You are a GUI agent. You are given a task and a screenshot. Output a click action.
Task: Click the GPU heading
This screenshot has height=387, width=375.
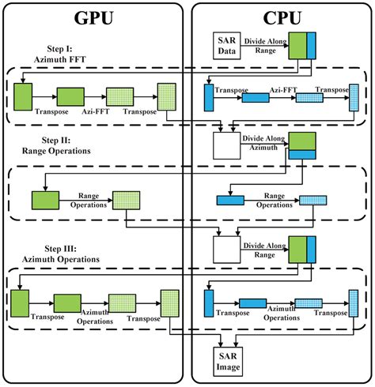point(94,18)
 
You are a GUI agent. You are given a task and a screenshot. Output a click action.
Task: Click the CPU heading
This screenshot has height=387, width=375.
point(280,18)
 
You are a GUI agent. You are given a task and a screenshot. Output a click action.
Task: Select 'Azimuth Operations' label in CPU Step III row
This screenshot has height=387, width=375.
point(281,311)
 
